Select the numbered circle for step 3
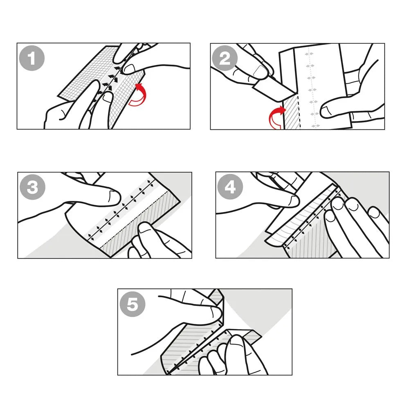click(x=32, y=188)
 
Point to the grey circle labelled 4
click(x=230, y=188)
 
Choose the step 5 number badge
click(x=132, y=305)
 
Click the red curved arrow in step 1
click(x=138, y=95)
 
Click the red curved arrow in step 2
click(x=277, y=118)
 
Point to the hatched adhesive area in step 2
click(x=292, y=112)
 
